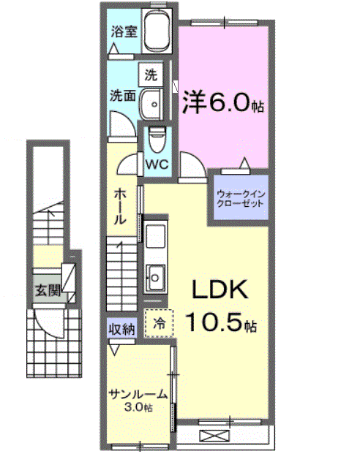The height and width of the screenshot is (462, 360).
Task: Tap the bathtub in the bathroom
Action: point(156,33)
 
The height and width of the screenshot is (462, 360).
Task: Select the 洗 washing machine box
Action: point(151,74)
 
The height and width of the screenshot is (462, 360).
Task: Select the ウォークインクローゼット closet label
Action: point(239,197)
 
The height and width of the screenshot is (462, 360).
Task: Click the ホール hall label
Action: point(121,206)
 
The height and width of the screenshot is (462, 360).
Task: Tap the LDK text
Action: point(220,291)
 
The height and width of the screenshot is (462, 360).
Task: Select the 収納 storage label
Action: point(122,330)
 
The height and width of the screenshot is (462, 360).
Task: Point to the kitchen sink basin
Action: point(155,276)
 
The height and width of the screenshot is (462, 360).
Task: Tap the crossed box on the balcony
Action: point(214,436)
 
